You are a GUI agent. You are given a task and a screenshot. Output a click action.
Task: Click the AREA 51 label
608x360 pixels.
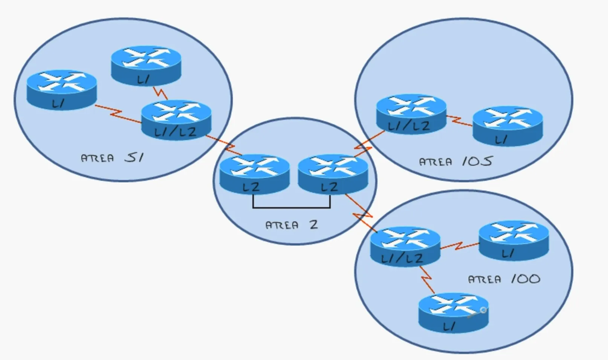(112, 157)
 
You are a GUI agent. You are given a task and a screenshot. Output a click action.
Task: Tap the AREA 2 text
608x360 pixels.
(292, 225)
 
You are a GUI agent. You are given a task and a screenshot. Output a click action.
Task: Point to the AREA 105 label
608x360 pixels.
(455, 162)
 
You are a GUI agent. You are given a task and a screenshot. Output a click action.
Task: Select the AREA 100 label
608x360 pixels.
(504, 279)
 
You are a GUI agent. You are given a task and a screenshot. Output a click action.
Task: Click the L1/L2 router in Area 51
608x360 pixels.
(176, 119)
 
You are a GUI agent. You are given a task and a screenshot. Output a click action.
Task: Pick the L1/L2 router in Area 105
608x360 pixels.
(411, 114)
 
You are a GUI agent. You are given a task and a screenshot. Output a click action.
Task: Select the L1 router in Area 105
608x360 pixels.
(507, 126)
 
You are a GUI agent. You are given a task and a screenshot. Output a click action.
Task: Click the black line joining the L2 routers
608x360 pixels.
(292, 207)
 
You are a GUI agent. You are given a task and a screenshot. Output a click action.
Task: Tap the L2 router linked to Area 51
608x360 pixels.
(254, 174)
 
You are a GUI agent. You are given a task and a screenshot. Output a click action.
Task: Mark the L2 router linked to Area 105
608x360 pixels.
(333, 174)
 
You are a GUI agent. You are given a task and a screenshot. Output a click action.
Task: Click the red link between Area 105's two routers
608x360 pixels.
(459, 121)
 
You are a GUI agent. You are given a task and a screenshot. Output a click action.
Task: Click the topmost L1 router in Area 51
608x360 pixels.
(146, 66)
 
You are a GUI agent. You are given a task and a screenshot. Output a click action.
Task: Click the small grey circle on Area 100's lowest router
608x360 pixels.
(483, 310)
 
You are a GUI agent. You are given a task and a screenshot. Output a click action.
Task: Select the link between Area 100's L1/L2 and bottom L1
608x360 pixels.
(427, 279)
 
